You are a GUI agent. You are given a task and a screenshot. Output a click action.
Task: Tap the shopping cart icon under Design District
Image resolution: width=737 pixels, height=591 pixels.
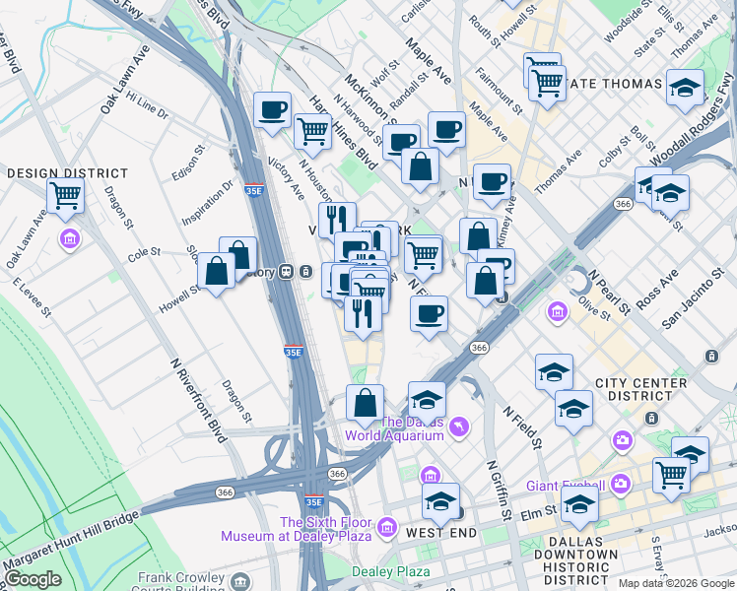(x=65, y=194)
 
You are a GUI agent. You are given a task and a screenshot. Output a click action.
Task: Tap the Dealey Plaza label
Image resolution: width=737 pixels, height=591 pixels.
(x=391, y=571)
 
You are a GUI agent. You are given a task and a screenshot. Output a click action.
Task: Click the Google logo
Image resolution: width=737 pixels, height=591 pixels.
(x=33, y=579)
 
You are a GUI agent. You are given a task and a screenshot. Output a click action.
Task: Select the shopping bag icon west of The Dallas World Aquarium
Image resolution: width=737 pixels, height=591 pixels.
(x=365, y=402)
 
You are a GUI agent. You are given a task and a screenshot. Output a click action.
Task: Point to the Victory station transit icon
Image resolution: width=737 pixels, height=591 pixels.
(x=286, y=271)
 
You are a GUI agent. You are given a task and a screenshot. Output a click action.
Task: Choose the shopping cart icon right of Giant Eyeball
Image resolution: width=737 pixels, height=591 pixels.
(x=671, y=473)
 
